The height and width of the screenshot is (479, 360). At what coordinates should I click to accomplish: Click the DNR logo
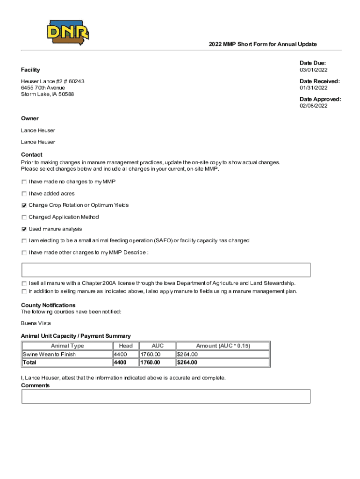(68, 32)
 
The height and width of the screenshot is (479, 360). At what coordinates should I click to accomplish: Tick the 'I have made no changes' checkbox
(24, 181)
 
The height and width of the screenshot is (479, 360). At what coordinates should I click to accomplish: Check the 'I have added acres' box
(24, 194)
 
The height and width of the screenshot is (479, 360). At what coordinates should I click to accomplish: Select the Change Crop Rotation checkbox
(24, 205)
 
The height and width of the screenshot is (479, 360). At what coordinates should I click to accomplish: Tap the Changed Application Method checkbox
(24, 217)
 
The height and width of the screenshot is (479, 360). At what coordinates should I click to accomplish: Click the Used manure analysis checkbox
(24, 229)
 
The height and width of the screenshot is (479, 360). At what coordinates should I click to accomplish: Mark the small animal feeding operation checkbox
(24, 241)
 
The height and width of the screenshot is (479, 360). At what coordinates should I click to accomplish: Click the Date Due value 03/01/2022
(313, 70)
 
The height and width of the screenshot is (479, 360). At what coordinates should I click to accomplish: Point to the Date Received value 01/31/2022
(313, 88)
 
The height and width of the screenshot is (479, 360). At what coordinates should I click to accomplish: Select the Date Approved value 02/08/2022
(313, 106)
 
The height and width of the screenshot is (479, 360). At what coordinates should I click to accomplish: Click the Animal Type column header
(67, 346)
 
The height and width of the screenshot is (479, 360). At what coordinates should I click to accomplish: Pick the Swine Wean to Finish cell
(49, 354)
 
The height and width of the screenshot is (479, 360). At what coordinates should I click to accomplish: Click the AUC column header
(158, 346)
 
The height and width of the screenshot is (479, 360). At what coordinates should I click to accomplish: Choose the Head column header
(126, 346)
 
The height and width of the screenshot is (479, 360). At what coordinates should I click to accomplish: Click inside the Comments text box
(166, 396)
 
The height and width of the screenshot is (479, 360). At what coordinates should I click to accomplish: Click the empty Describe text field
(166, 270)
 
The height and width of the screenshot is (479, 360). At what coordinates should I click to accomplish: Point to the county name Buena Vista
(36, 323)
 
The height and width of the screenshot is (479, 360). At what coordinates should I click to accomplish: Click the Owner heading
(30, 118)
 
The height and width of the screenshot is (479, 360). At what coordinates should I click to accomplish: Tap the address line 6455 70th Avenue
(43, 88)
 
